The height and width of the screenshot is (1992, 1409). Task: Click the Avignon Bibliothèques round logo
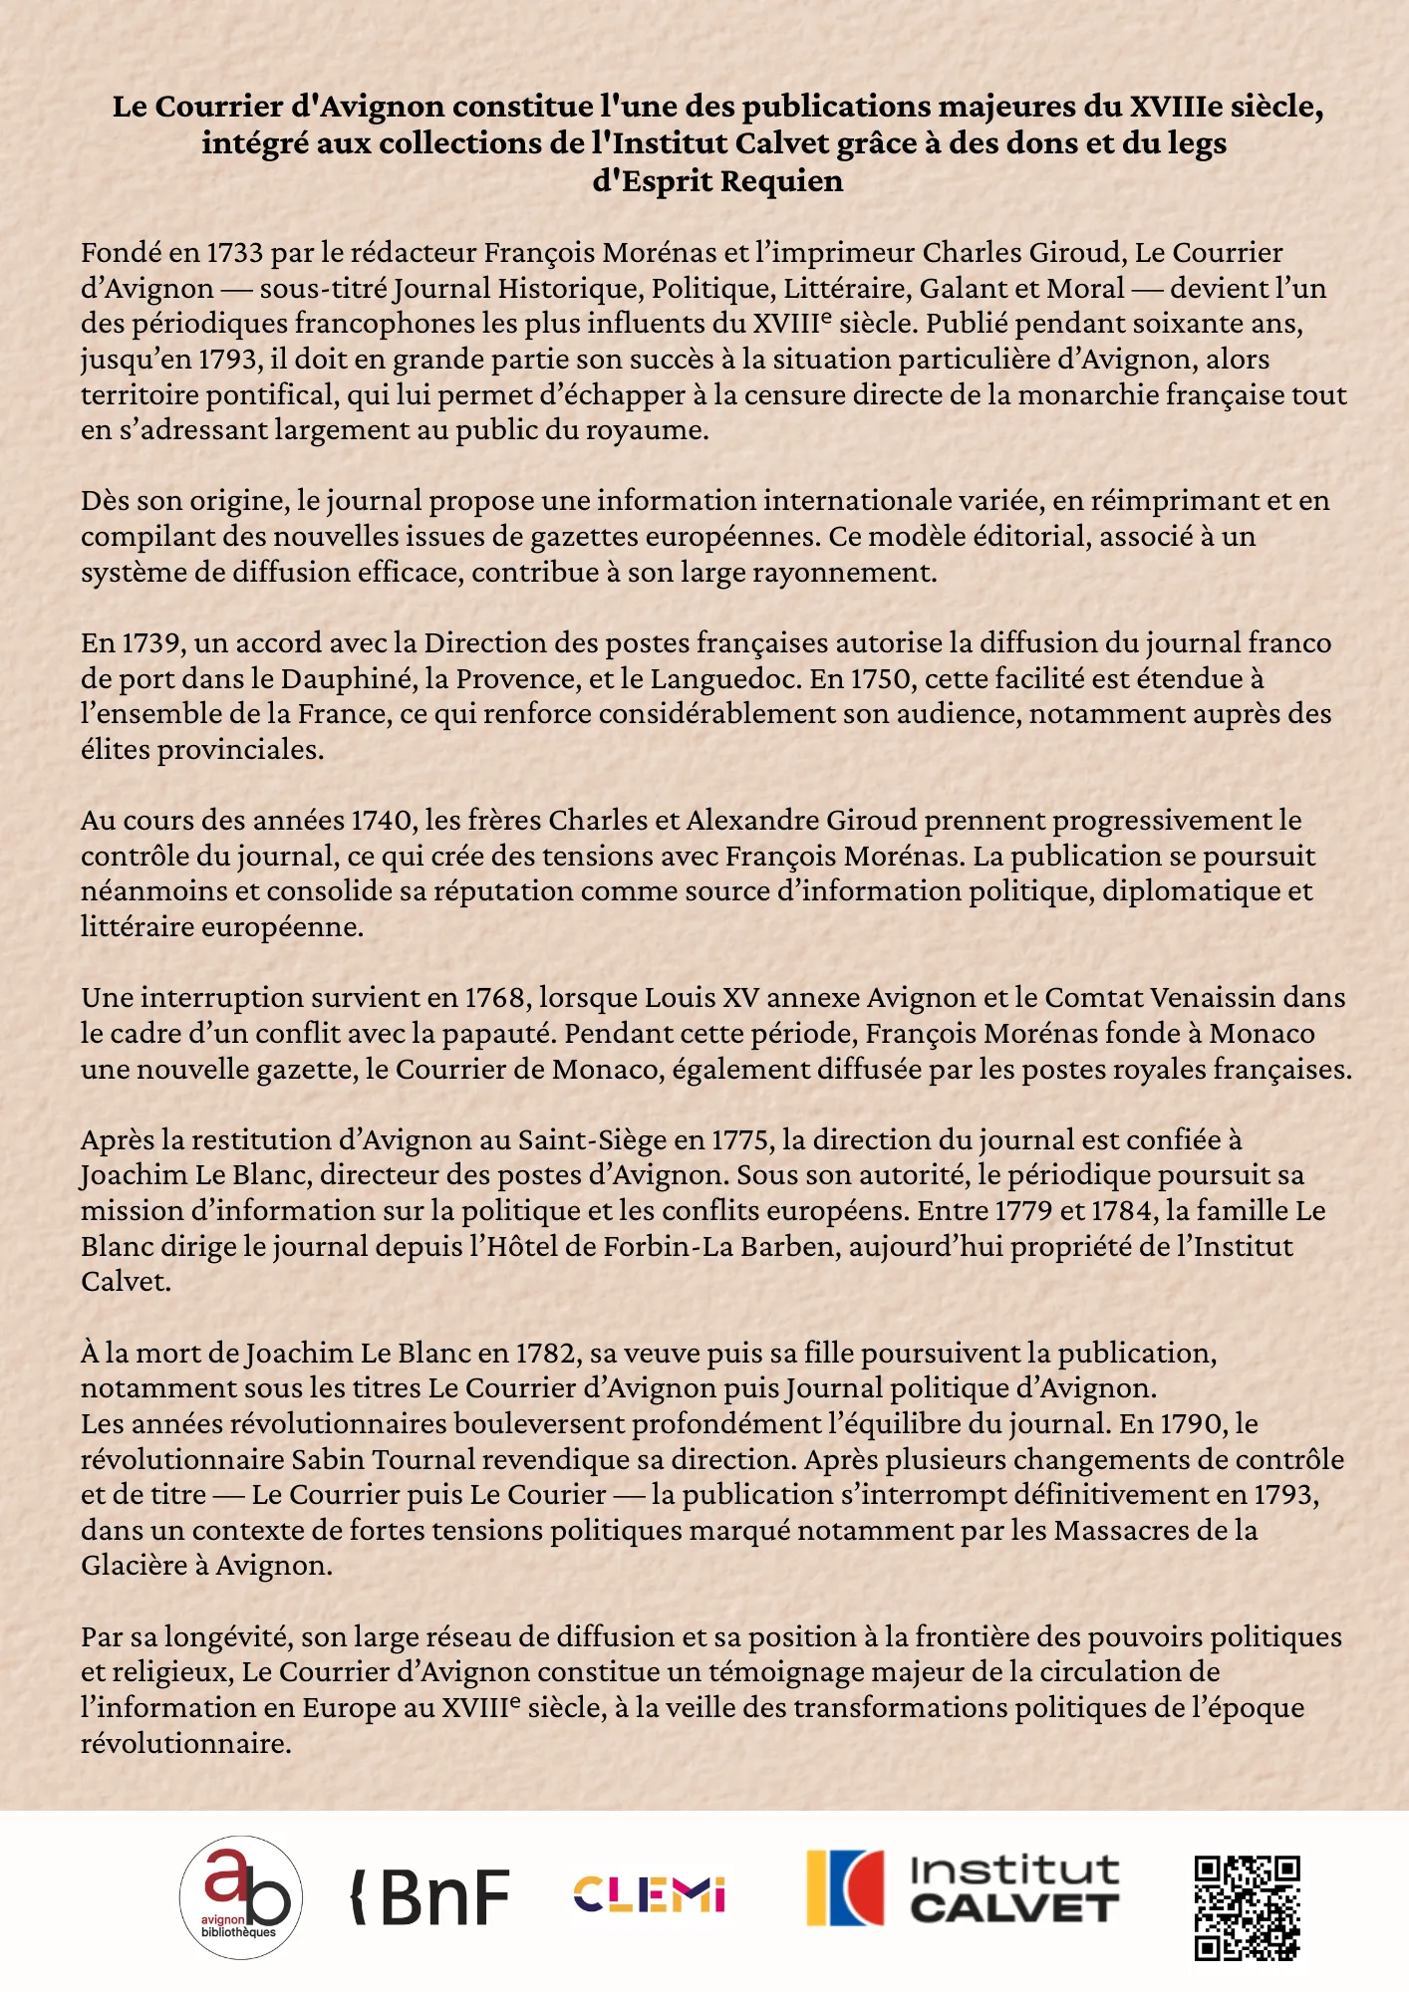point(240,1896)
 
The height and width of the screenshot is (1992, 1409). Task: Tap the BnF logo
point(430,1896)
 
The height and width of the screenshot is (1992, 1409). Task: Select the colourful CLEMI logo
point(649,1894)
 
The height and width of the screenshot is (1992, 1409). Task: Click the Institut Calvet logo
point(963,1888)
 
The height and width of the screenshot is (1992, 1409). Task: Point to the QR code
point(1247,1907)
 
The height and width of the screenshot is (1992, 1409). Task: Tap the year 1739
point(152,643)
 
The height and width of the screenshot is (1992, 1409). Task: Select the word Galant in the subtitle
point(964,289)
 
